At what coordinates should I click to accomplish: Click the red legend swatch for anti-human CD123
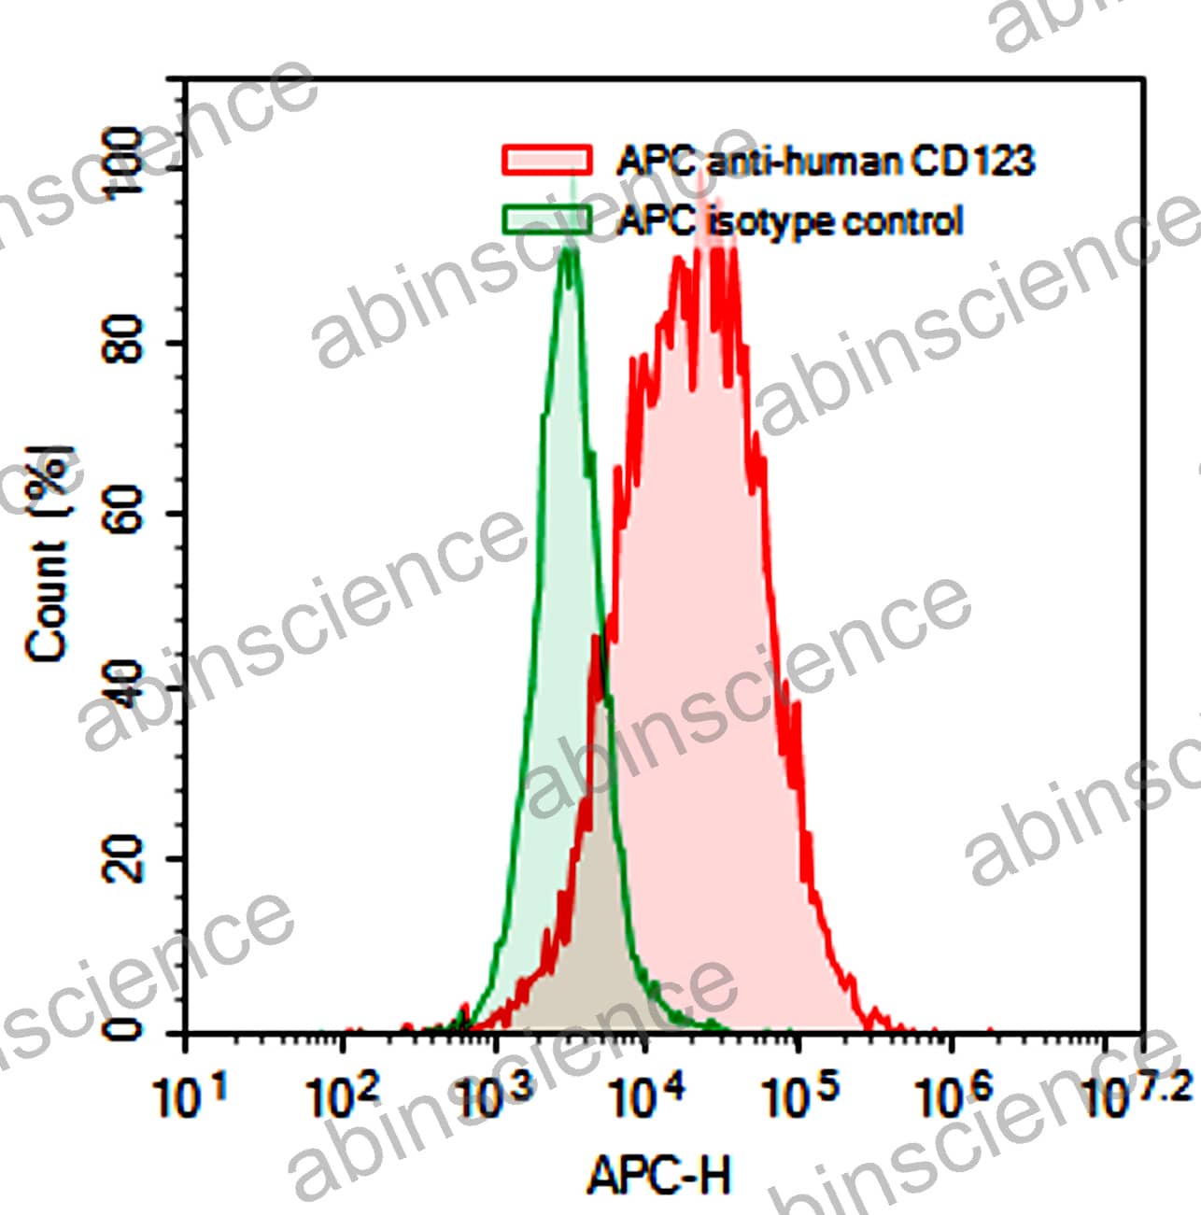(546, 160)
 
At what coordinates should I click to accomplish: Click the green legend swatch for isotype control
(546, 219)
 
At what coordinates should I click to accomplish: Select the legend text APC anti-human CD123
(826, 162)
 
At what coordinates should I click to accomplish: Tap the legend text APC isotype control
(789, 221)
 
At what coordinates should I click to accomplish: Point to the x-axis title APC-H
(658, 1174)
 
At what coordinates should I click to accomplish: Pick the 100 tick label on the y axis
(124, 164)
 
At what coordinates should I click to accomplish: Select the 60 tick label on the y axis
(124, 513)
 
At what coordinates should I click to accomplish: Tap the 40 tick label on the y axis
(124, 685)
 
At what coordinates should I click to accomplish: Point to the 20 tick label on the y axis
(124, 858)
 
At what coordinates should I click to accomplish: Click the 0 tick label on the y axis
(124, 1029)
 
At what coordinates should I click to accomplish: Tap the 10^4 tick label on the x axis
(647, 1095)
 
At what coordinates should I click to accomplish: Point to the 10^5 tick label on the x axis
(800, 1095)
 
